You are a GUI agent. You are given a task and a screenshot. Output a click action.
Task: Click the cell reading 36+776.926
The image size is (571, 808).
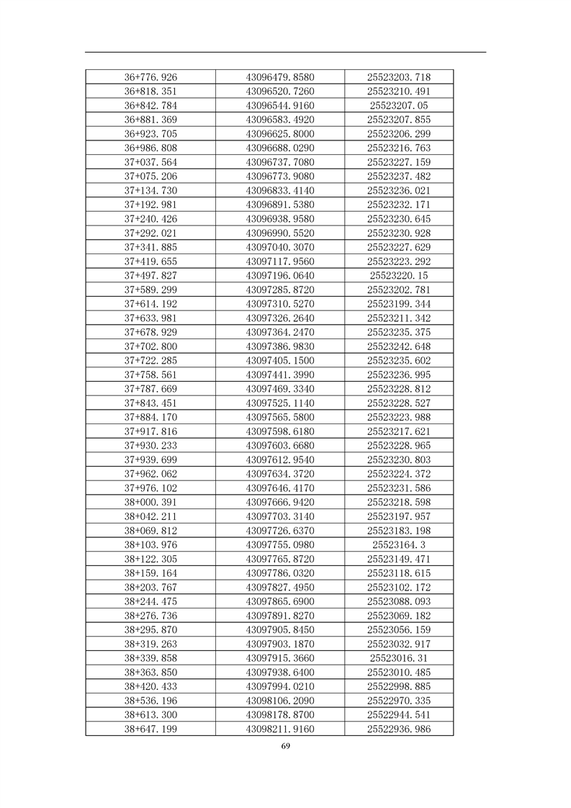150,77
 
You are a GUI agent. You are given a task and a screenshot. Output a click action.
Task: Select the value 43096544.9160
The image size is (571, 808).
280,106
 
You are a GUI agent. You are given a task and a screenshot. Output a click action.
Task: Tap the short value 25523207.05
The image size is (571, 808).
398,106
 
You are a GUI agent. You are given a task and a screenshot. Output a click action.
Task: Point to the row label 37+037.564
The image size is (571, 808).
150,162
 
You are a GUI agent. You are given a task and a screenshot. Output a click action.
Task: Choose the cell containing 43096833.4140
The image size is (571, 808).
280,190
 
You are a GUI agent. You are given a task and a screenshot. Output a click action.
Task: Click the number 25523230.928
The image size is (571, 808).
398,233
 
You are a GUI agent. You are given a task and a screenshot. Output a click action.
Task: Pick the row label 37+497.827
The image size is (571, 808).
150,276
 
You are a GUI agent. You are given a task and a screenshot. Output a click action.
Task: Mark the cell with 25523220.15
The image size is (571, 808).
398,276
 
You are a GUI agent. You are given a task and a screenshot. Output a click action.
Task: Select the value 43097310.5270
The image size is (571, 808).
280,304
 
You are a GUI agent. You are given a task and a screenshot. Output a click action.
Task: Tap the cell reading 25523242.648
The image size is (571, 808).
398,346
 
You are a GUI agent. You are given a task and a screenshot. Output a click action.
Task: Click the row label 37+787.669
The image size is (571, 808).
150,389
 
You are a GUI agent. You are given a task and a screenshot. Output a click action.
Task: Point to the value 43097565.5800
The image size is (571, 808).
280,417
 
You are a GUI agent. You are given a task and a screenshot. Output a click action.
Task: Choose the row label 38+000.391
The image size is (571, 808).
150,502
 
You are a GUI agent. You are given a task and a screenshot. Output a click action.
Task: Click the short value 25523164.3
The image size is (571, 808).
398,544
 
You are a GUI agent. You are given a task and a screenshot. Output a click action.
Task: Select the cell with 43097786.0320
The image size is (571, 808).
280,573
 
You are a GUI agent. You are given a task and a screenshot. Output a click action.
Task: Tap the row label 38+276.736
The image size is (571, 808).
150,616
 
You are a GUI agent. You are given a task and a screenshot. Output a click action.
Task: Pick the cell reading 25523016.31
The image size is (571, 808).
398,658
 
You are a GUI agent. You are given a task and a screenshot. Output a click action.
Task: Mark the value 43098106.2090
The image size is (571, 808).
280,701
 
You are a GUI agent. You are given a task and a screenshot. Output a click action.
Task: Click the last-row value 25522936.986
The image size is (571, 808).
398,729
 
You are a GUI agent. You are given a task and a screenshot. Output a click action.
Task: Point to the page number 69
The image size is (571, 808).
285,746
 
